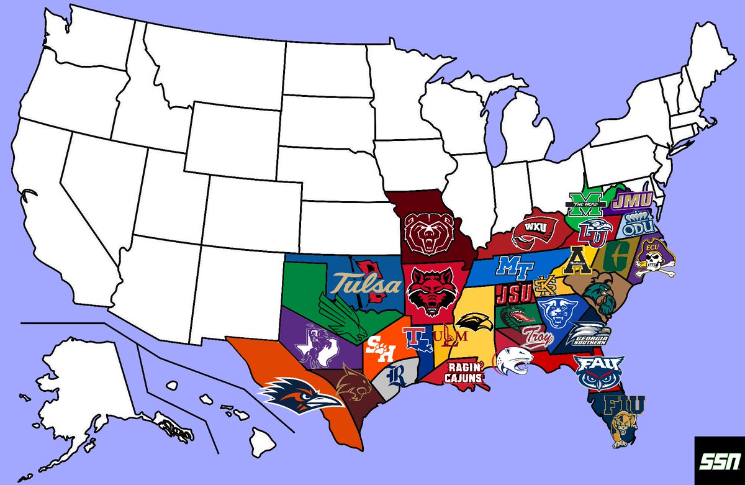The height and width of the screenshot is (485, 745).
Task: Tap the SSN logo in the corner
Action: coord(719,461)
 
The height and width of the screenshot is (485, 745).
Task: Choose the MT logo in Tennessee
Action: coord(515,266)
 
